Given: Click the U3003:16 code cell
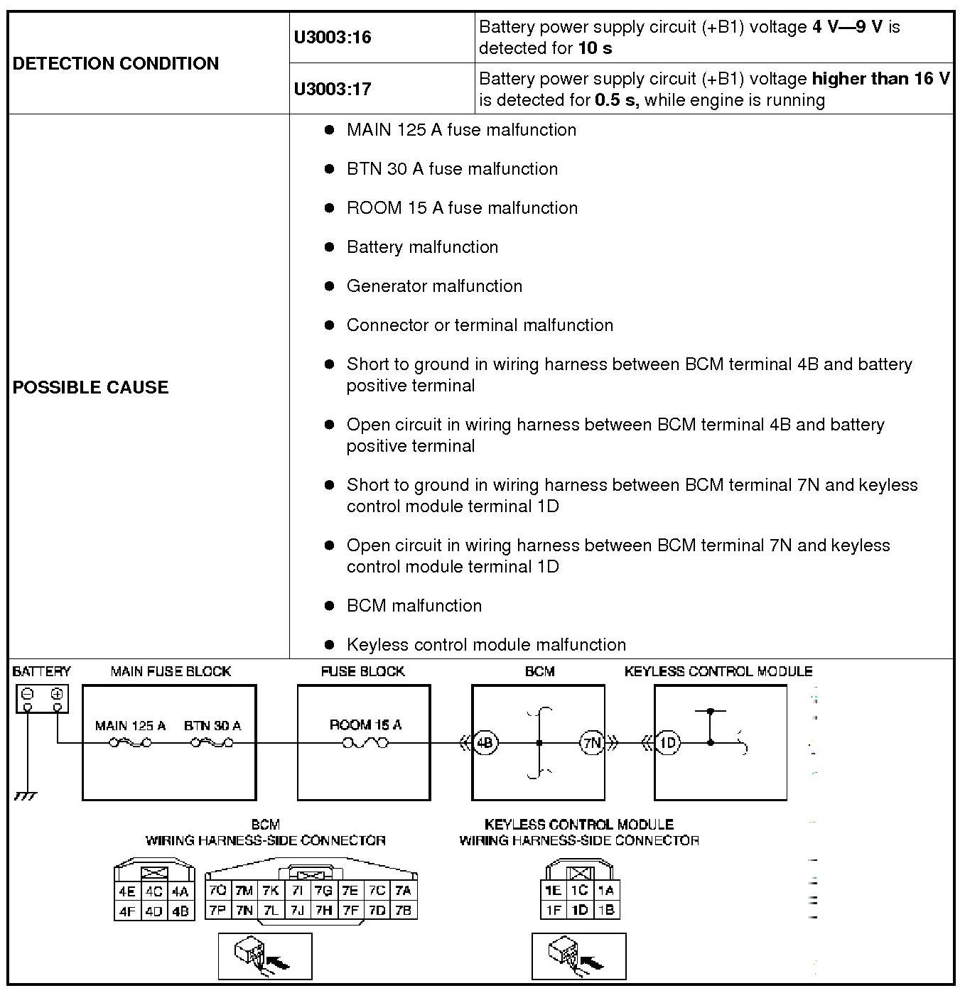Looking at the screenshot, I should [333, 37].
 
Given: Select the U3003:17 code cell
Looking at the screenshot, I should [333, 89].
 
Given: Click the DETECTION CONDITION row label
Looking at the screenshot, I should [116, 63].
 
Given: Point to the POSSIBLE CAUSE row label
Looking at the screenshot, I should [91, 387].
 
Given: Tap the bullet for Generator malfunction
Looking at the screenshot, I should [329, 286].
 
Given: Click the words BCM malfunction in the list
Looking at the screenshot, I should [414, 605].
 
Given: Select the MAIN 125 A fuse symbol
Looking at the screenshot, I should [130, 743].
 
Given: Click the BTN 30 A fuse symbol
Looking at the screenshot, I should [212, 743].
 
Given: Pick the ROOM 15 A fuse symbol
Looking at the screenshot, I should [365, 743].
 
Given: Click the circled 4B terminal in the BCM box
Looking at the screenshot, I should [485, 743].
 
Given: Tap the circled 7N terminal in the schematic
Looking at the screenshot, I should [592, 743].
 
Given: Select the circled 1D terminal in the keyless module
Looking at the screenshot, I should [667, 743].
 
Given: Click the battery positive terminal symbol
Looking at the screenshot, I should [57, 694].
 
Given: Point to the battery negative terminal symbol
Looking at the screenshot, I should [28, 694].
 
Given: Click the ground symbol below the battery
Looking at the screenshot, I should [25, 796].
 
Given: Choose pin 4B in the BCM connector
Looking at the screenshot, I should [180, 911].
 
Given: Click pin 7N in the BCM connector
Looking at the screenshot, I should [244, 910].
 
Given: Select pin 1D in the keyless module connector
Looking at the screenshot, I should [580, 909].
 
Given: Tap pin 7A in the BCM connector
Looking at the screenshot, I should [403, 891].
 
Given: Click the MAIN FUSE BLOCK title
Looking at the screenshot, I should [171, 671].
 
